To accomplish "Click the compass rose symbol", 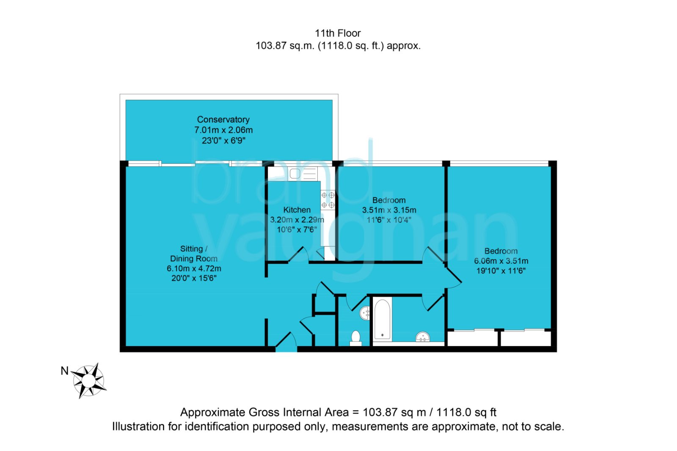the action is pos(89,381).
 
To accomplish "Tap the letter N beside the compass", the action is pos(65,371).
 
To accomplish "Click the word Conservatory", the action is pos(223,120).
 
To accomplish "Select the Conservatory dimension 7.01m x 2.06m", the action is pos(223,130).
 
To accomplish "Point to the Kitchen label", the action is pos(297,210).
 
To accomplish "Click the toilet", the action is pos(356,338).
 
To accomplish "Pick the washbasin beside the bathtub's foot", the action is pos(423,336).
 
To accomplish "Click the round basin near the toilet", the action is pos(365,313).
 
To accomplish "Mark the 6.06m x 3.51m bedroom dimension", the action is pos(501,261).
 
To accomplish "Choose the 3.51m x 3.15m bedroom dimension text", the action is pos(389,210).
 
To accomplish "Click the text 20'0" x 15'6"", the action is pos(194,278).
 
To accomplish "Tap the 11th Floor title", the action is pos(338,33).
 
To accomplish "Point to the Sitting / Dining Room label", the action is pos(194,254).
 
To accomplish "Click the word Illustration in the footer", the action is pos(138,426).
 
